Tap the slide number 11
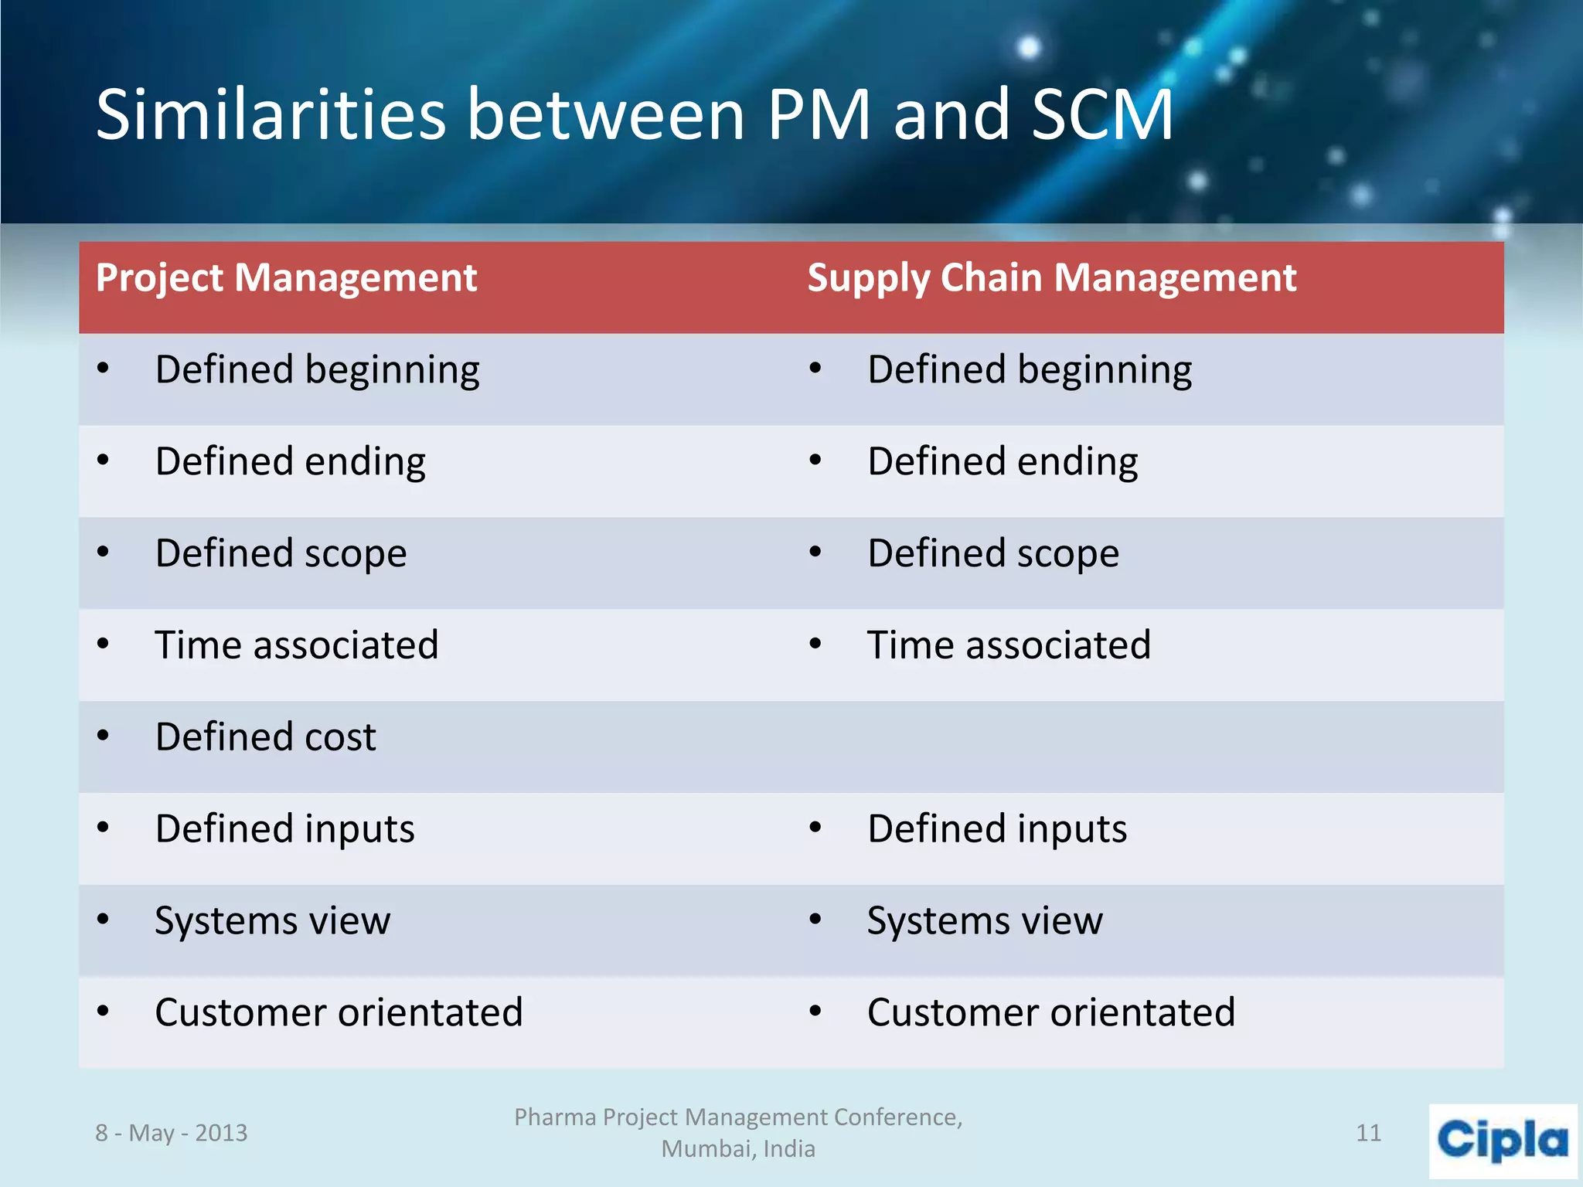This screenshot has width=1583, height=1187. pyautogui.click(x=1368, y=1133)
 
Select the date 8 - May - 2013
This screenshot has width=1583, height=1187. pyautogui.click(x=171, y=1133)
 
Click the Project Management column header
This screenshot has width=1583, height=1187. pyautogui.click(x=286, y=278)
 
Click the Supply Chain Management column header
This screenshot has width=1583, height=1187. pyautogui.click(x=1051, y=278)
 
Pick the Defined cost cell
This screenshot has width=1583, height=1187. pyautogui.click(x=265, y=736)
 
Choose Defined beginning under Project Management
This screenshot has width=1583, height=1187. pyautogui.click(x=317, y=369)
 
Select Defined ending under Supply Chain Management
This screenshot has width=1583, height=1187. pyautogui.click(x=1003, y=461)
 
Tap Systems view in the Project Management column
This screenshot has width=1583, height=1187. pyautogui.click(x=272, y=920)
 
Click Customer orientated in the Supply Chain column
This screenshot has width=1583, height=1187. pyautogui.click(x=1051, y=1012)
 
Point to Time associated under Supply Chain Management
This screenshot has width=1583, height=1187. pyautogui.click(x=1009, y=645)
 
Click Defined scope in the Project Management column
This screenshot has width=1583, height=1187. pyautogui.click(x=281, y=553)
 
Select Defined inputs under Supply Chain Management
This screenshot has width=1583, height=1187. pyautogui.click(x=997, y=828)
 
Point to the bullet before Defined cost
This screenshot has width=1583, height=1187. pyautogui.click(x=103, y=736)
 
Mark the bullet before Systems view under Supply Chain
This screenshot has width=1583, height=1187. pyautogui.click(x=815, y=920)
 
